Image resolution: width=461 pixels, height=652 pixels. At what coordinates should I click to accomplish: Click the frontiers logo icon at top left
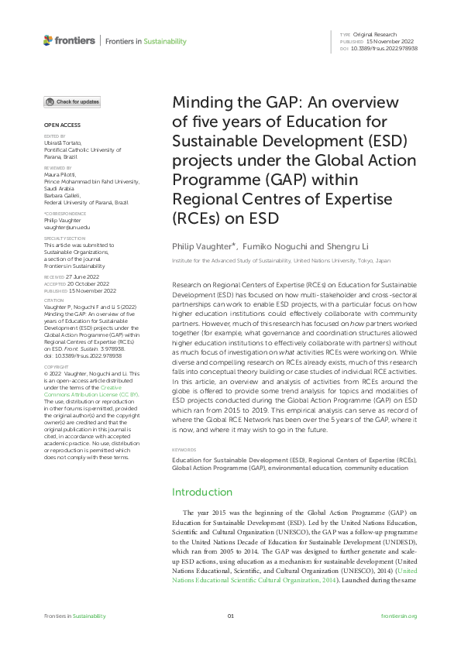tap(48, 40)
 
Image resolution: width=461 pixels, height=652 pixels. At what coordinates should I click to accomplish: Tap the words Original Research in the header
tap(374, 35)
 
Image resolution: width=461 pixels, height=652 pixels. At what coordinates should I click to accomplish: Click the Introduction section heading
tap(201, 492)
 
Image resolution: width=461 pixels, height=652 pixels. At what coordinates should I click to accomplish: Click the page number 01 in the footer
tap(230, 616)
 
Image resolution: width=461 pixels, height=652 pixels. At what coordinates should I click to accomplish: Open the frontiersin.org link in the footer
tap(400, 616)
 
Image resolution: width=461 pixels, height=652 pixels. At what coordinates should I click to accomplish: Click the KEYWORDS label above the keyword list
tap(184, 449)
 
